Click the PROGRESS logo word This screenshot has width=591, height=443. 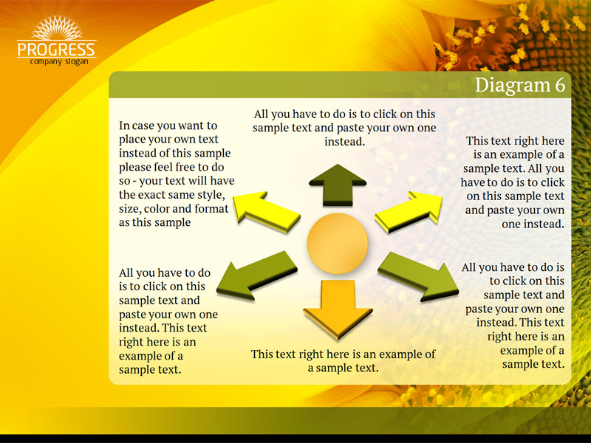pyautogui.click(x=57, y=49)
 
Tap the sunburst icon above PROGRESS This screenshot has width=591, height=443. pyautogui.click(x=57, y=27)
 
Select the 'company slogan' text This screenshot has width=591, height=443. pyautogui.click(x=59, y=61)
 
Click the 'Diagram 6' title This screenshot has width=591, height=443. pyautogui.click(x=520, y=85)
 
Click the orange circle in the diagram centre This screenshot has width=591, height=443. pyautogui.click(x=338, y=244)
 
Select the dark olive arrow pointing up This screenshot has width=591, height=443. pyautogui.click(x=338, y=185)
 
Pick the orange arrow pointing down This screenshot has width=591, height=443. pyautogui.click(x=338, y=309)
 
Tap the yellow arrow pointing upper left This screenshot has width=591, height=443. pyautogui.click(x=266, y=211)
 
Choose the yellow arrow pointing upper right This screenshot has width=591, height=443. pyautogui.click(x=409, y=211)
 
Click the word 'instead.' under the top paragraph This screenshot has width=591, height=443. pyautogui.click(x=344, y=142)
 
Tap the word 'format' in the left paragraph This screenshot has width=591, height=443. pyautogui.click(x=211, y=209)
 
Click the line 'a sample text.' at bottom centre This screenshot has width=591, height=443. pyautogui.click(x=343, y=368)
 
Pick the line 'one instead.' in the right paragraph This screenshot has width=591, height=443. pyautogui.click(x=533, y=224)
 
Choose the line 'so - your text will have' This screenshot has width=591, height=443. pyautogui.click(x=177, y=181)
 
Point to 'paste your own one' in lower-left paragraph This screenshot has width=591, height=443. pyautogui.click(x=168, y=315)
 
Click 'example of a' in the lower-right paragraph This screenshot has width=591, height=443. pyautogui.click(x=532, y=350)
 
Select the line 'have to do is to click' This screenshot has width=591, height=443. pyautogui.click(x=513, y=182)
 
